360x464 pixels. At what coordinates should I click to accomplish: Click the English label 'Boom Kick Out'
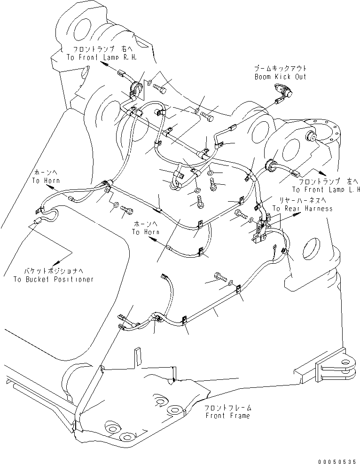point(280,76)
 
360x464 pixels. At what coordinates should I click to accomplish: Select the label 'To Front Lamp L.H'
point(326,189)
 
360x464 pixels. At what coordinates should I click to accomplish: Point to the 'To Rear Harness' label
point(302,208)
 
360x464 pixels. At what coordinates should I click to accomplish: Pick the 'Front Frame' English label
point(228,416)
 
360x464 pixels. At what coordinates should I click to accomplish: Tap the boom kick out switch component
point(282,92)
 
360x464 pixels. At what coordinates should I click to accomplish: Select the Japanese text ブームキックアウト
point(281,69)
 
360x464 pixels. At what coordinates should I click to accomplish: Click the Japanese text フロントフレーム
point(228,408)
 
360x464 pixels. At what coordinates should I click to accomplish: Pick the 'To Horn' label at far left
point(43,180)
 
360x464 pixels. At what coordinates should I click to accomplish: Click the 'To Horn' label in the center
point(145,232)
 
